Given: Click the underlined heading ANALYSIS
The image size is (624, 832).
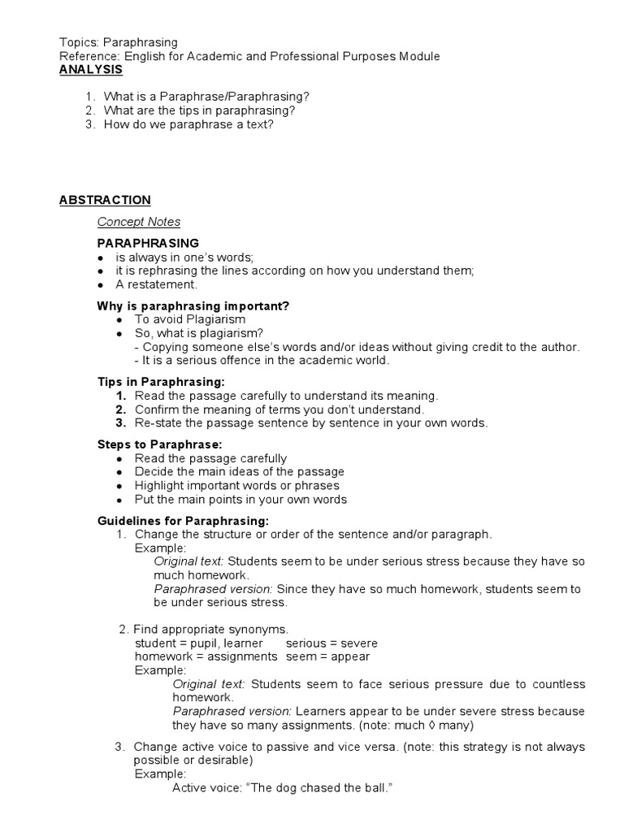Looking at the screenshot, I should [91, 70].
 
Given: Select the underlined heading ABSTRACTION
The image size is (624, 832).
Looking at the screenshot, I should [105, 200].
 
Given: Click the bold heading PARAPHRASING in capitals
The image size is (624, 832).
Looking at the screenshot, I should [148, 243].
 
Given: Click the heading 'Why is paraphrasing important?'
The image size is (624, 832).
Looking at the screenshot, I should [193, 305].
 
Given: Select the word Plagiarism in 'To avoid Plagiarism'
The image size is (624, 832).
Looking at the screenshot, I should [204, 319].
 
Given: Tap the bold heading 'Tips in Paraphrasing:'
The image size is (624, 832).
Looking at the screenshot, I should [161, 382].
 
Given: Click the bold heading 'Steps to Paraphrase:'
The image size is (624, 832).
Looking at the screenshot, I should [159, 444].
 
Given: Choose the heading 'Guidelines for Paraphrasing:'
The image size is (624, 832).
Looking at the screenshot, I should [183, 521].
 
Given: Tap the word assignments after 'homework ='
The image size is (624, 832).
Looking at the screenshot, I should [240, 656].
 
